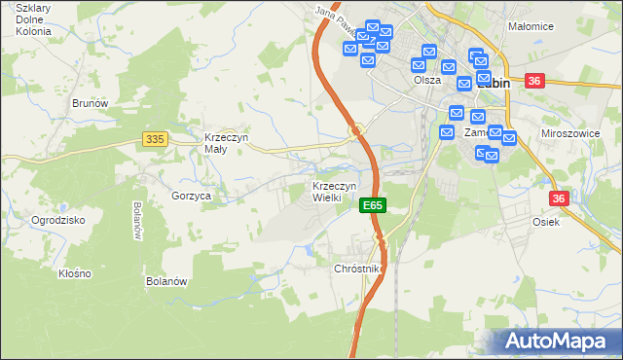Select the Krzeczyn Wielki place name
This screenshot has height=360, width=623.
tap(334, 192)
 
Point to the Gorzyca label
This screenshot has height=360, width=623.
tap(192, 196)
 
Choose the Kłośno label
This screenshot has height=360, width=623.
tap(75, 273)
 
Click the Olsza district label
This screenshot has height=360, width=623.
tap(426, 81)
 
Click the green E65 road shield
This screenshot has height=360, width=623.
tap(373, 205)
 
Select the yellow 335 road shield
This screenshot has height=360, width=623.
tap(154, 139)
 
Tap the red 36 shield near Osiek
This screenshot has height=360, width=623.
tap(558, 198)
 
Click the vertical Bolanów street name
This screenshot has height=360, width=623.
tap(136, 222)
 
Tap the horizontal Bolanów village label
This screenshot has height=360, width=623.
tap(165, 281)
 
